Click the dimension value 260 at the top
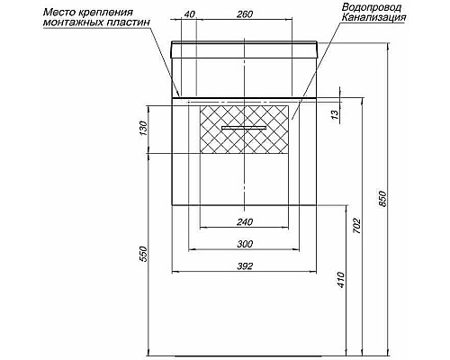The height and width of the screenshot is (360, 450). [x=245, y=14]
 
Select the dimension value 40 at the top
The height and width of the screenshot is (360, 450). [x=188, y=14]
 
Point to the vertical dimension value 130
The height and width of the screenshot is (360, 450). [x=142, y=131]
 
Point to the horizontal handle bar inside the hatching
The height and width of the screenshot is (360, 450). [x=244, y=130]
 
